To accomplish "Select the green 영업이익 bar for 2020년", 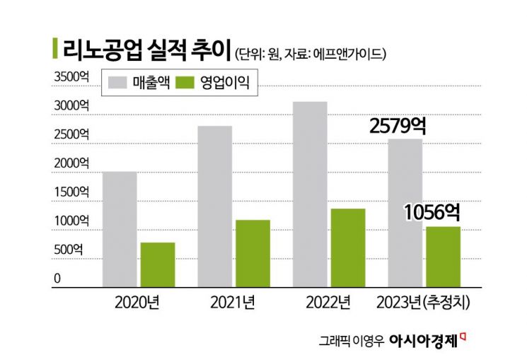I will (158, 264).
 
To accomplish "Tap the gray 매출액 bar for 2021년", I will (216, 205).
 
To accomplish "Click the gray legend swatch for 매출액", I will (120, 83).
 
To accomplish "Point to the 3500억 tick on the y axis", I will (71, 76).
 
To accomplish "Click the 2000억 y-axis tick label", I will (71, 163).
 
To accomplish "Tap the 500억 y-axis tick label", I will (71, 250).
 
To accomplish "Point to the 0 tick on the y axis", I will (58, 279).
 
